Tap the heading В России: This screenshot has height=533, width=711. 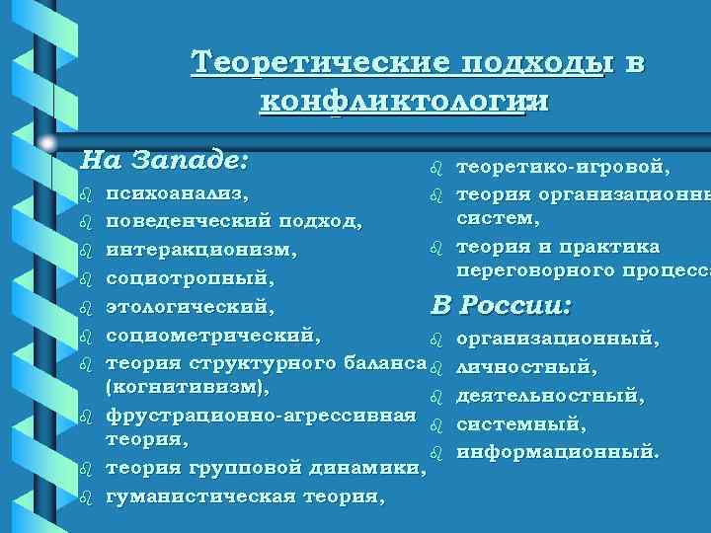click(x=501, y=305)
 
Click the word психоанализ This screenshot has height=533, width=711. click(x=177, y=189)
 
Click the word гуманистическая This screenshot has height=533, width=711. click(x=197, y=495)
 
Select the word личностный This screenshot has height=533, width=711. click(x=526, y=369)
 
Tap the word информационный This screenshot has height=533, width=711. click(x=556, y=454)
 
